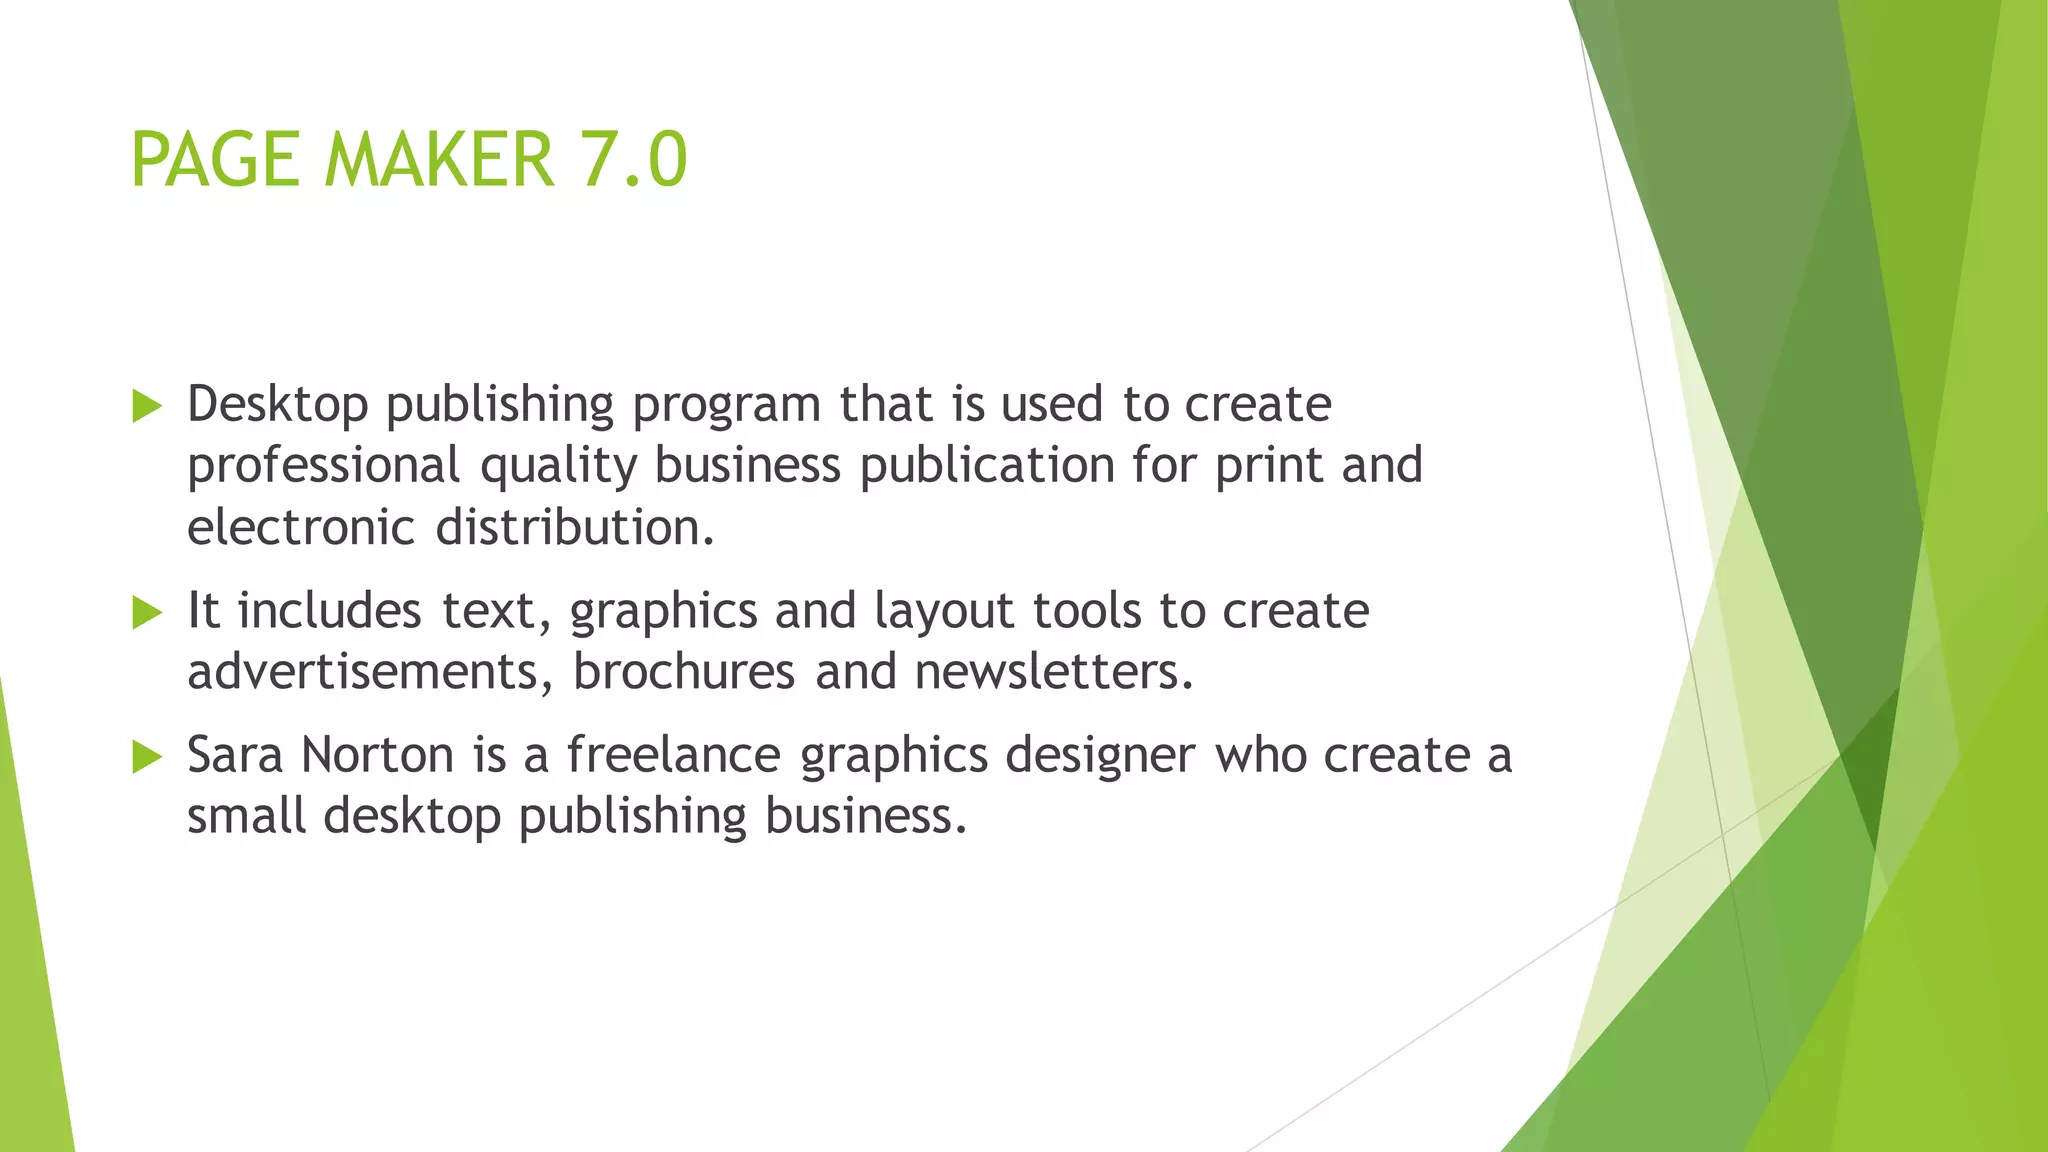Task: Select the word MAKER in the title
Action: (439, 160)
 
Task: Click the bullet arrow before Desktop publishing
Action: (146, 406)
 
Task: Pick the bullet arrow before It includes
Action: (146, 612)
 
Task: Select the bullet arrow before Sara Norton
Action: (146, 757)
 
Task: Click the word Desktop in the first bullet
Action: (277, 405)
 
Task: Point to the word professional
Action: (323, 466)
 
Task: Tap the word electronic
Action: (300, 527)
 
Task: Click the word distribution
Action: (575, 527)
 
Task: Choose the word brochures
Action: (683, 671)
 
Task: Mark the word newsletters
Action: (1054, 671)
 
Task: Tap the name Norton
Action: (377, 755)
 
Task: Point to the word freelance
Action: (673, 755)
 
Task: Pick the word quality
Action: (557, 466)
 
